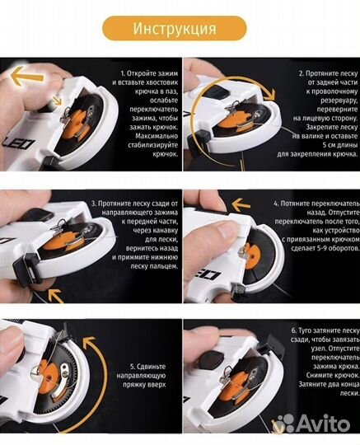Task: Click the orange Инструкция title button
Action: pyautogui.click(x=174, y=28)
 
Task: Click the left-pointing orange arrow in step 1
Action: pyautogui.click(x=27, y=75)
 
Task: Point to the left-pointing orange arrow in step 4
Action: pyautogui.click(x=241, y=204)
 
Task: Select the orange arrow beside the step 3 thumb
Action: pyautogui.click(x=55, y=296)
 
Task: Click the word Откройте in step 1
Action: pyautogui.click(x=141, y=73)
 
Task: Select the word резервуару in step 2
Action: pyautogui.click(x=339, y=101)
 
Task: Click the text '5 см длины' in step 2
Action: pyautogui.click(x=340, y=145)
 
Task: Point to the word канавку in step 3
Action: pyautogui.click(x=164, y=230)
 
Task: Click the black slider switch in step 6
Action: pyautogui.click(x=210, y=359)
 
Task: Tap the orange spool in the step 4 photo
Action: pyautogui.click(x=252, y=255)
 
